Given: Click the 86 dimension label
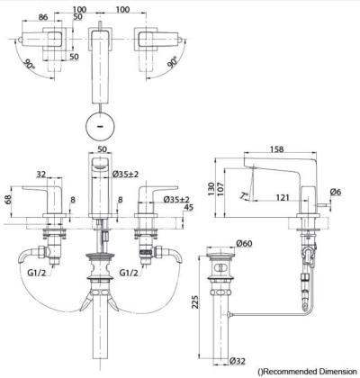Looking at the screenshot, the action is pyautogui.click(x=43, y=17).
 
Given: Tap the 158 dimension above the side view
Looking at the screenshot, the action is pyautogui.click(x=276, y=148).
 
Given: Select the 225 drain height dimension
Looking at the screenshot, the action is pyautogui.click(x=195, y=302).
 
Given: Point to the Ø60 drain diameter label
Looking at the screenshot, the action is pyautogui.click(x=244, y=243).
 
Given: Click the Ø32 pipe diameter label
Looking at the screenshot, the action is pyautogui.click(x=238, y=361).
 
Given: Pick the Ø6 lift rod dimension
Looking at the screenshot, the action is pyautogui.click(x=336, y=192).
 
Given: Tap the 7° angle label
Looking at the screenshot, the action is pyautogui.click(x=245, y=195).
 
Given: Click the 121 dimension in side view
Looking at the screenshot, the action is pyautogui.click(x=283, y=197).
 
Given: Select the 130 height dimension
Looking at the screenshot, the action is pyautogui.click(x=211, y=189).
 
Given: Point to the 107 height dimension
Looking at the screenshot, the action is pyautogui.click(x=220, y=189).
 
